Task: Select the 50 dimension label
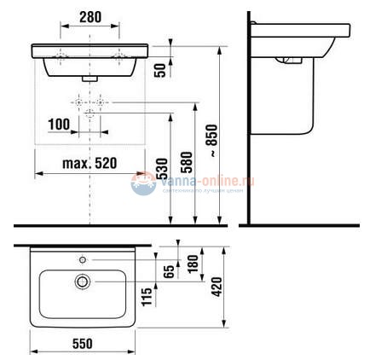[x=159, y=70]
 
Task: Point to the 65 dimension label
[x=169, y=271]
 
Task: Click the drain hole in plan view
[x=83, y=281]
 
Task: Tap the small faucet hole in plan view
[x=83, y=257]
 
